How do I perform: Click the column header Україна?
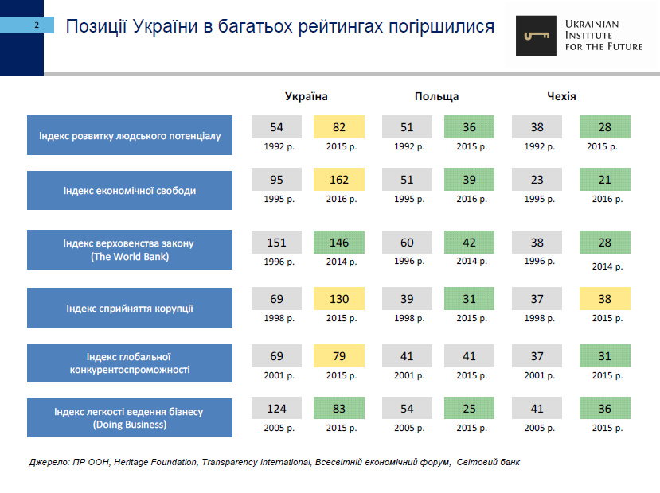(x=307, y=96)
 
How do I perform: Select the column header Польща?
(x=436, y=96)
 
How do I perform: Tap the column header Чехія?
(x=561, y=96)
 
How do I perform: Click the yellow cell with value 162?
(x=339, y=181)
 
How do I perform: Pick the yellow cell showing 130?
(x=339, y=299)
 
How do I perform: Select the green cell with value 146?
(x=339, y=242)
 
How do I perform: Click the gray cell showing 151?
(x=277, y=242)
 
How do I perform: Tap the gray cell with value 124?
(x=277, y=409)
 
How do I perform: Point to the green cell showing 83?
(x=339, y=409)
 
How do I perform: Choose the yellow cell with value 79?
(x=339, y=354)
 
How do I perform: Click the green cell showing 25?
(x=469, y=409)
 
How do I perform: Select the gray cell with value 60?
(x=407, y=242)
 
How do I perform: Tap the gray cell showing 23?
(x=537, y=181)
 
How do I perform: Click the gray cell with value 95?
(x=277, y=181)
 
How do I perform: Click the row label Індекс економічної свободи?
(x=130, y=191)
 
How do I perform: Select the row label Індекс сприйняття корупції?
(x=130, y=308)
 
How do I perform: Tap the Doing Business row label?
(x=130, y=417)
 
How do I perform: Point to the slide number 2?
(x=37, y=26)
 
